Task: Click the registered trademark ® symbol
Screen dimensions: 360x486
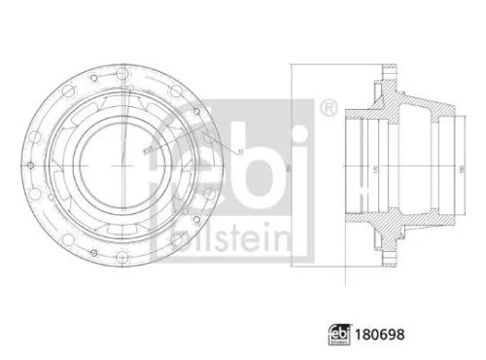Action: [x=329, y=106]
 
